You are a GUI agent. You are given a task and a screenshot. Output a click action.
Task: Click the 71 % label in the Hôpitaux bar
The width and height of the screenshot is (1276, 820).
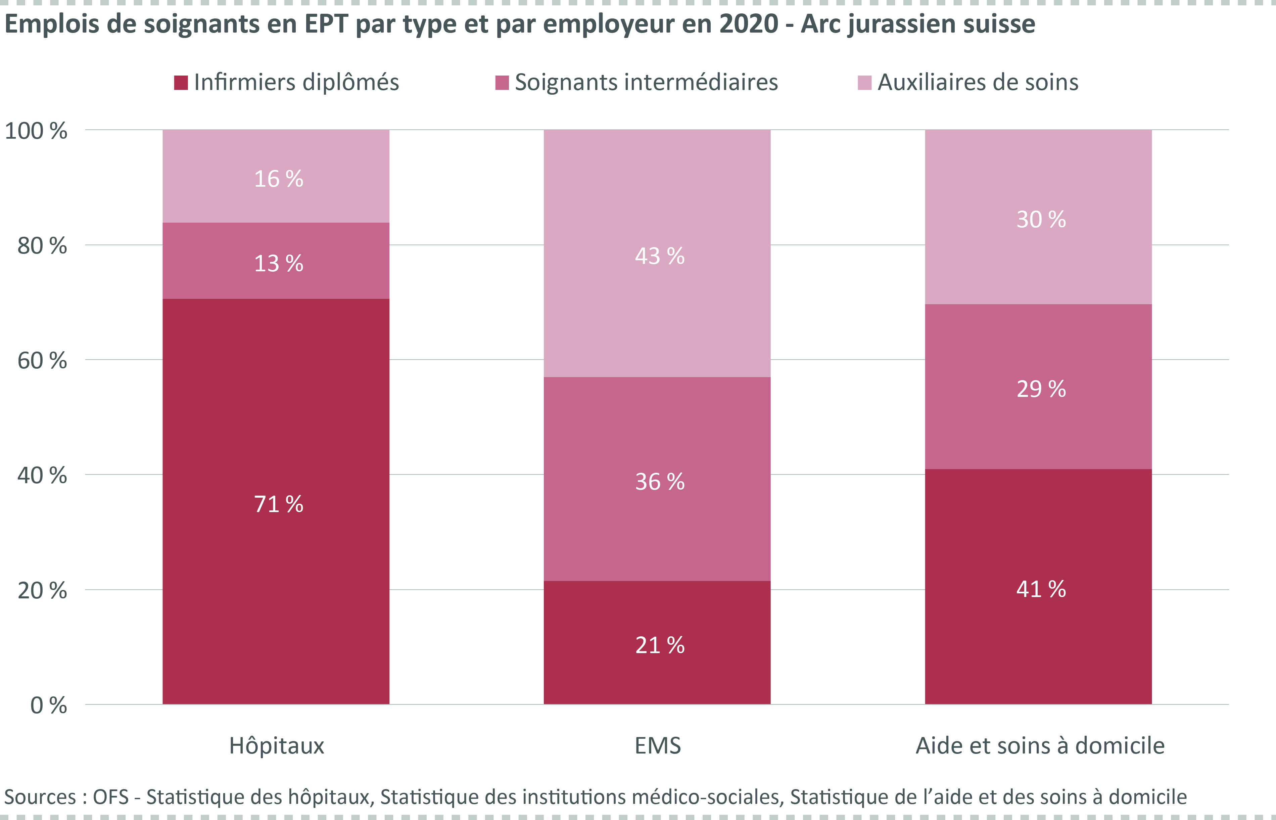coord(278,504)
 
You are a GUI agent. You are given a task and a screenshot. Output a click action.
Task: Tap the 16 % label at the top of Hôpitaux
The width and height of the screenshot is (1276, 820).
coord(278,179)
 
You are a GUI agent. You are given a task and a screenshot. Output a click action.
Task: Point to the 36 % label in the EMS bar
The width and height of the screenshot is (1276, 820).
coord(660,482)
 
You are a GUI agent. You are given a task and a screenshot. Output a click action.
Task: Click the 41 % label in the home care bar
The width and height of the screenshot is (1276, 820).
coord(1041,589)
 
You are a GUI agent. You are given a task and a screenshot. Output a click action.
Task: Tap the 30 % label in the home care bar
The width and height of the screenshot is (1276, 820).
coord(1041,219)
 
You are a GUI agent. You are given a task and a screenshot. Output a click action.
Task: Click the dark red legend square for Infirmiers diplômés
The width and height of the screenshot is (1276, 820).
coord(181,83)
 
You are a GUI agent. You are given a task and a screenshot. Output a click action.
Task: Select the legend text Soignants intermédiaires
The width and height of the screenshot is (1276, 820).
coord(646,83)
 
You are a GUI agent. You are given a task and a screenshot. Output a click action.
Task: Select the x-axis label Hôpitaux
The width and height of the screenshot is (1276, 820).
coord(276,745)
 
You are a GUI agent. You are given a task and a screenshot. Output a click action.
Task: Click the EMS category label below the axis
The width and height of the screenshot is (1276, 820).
coord(657,745)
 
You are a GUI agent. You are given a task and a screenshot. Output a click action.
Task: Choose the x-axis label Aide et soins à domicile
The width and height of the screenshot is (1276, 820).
coord(1040,745)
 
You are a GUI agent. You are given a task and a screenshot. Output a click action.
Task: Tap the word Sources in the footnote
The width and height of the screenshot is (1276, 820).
coord(40,797)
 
